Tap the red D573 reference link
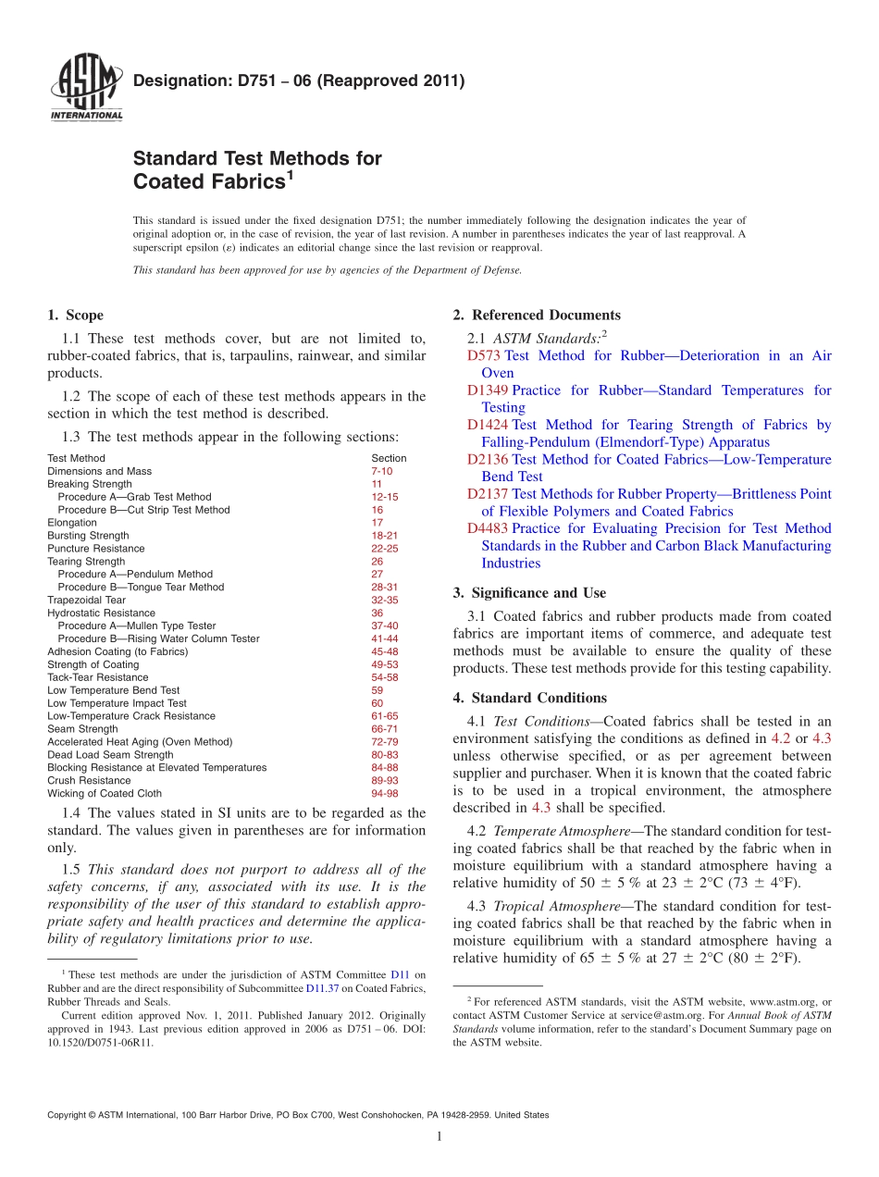tap(483, 356)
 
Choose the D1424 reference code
tap(488, 426)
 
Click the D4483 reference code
tap(488, 529)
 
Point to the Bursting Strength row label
tap(88, 536)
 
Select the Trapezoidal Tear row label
tap(86, 601)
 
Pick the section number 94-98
tap(384, 794)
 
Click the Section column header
tap(388, 458)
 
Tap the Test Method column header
tap(76, 458)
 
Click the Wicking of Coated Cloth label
tap(104, 794)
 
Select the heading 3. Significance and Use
tap(529, 593)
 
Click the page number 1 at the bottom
tap(439, 1137)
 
